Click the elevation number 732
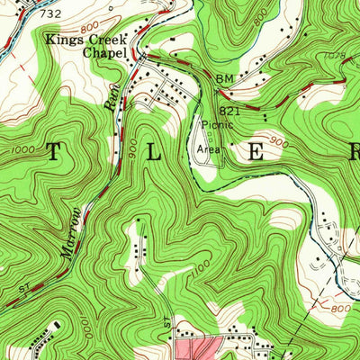[x=51, y=14]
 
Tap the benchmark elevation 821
[x=229, y=110]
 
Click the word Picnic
[x=216, y=125]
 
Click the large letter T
[x=54, y=152]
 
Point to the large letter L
[x=155, y=152]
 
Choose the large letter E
[x=256, y=152]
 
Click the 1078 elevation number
[x=334, y=56]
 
